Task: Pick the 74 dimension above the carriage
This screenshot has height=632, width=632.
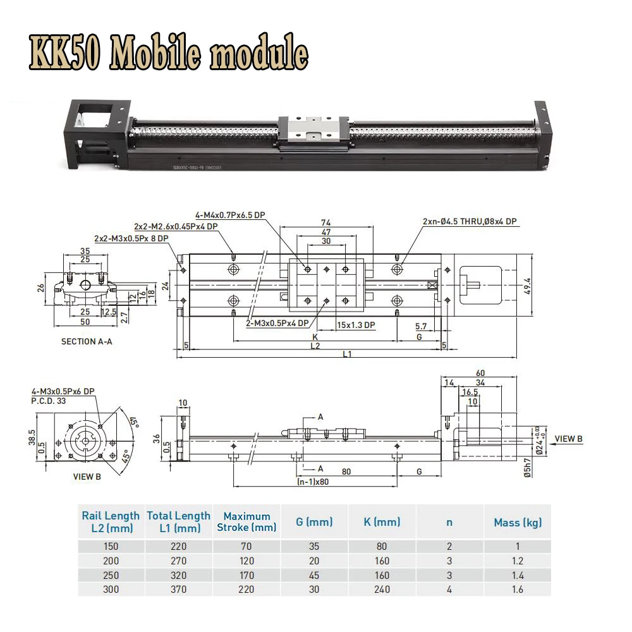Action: [x=326, y=222]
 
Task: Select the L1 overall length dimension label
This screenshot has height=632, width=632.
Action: [x=348, y=354]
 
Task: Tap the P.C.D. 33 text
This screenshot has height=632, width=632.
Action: [x=49, y=400]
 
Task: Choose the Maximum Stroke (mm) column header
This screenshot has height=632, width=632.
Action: [x=246, y=521]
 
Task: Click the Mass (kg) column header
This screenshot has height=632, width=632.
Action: [x=518, y=522]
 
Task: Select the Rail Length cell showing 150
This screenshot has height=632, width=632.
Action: [x=111, y=547]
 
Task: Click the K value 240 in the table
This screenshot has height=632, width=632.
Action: [x=382, y=589]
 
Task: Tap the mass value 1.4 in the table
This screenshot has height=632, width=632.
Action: [x=518, y=575]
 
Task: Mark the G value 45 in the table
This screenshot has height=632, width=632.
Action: [x=313, y=575]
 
